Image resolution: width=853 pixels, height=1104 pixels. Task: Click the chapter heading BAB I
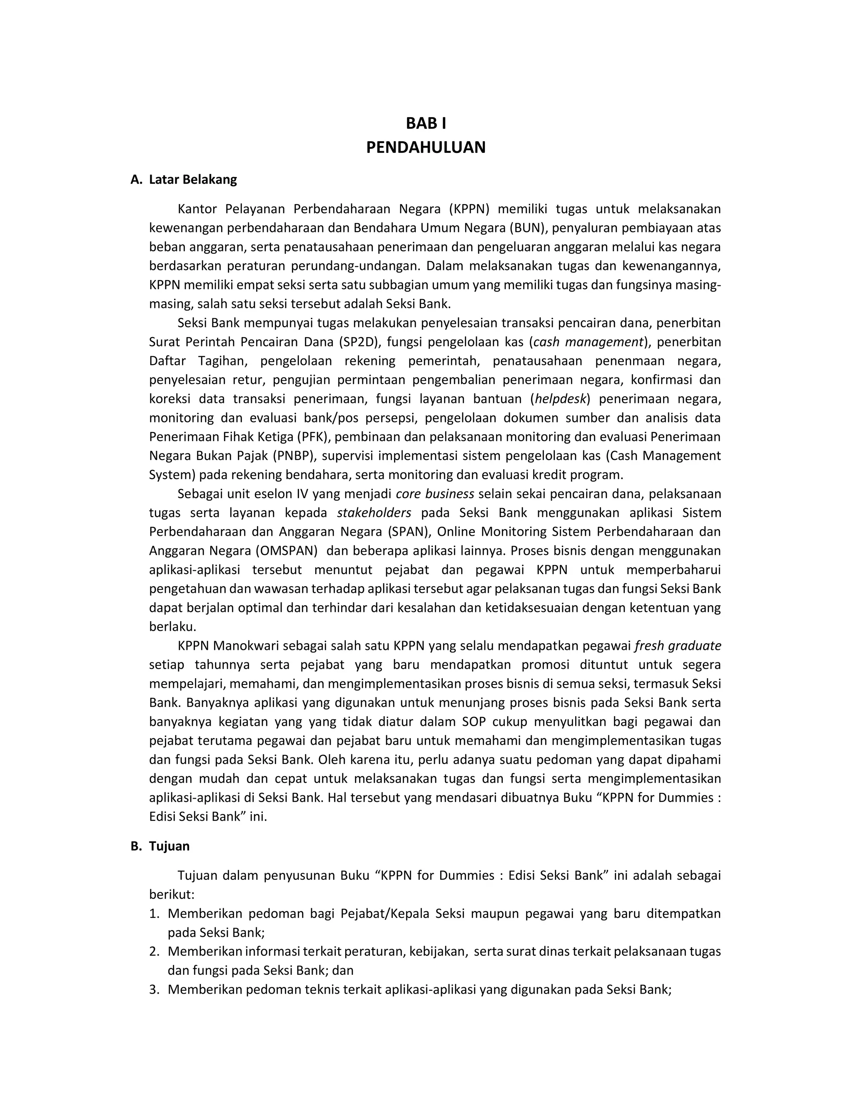[426, 123]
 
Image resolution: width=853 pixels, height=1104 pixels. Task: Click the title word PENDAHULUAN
[426, 147]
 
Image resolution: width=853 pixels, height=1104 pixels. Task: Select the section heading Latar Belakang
[192, 180]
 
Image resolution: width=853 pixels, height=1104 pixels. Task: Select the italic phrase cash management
[588, 342]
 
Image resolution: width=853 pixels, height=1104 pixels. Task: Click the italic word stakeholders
[374, 513]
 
